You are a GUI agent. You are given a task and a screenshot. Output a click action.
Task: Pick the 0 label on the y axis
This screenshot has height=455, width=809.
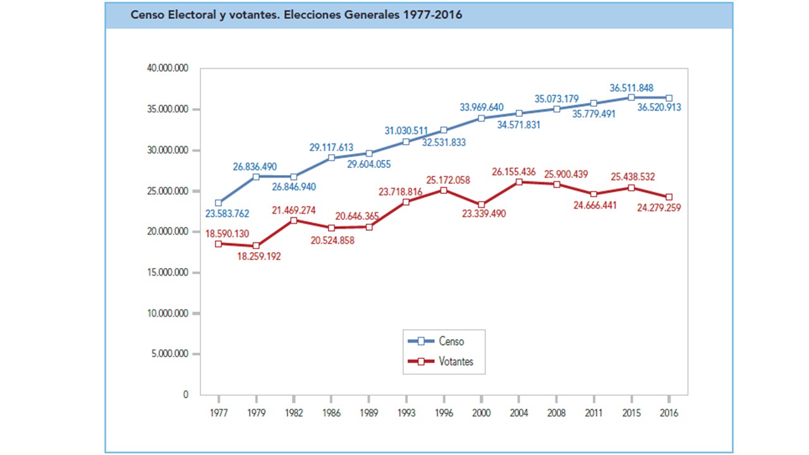tap(185, 395)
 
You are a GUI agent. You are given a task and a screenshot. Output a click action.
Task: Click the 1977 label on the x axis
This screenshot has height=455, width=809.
tap(219, 413)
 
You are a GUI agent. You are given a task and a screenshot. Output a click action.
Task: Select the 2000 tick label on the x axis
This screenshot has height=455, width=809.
tap(481, 413)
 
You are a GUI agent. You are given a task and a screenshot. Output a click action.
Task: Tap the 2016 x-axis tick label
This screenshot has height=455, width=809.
tap(669, 413)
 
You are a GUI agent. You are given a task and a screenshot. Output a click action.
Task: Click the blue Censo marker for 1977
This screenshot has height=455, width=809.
tap(219, 203)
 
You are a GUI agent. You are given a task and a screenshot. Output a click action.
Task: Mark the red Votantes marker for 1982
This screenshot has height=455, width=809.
tap(294, 221)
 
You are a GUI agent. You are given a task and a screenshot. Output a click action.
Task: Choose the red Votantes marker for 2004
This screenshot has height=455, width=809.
tap(519, 182)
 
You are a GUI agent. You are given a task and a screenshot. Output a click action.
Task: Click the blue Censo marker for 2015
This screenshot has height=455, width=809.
tap(631, 97)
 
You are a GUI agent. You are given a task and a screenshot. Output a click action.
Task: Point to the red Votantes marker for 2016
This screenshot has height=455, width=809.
tap(669, 197)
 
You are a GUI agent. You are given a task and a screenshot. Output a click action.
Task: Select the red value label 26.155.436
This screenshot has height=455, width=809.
tap(523, 171)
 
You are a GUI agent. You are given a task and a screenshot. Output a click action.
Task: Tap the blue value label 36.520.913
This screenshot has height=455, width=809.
tap(659, 108)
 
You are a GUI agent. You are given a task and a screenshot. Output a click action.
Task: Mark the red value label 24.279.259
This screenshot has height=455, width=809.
tap(659, 207)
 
